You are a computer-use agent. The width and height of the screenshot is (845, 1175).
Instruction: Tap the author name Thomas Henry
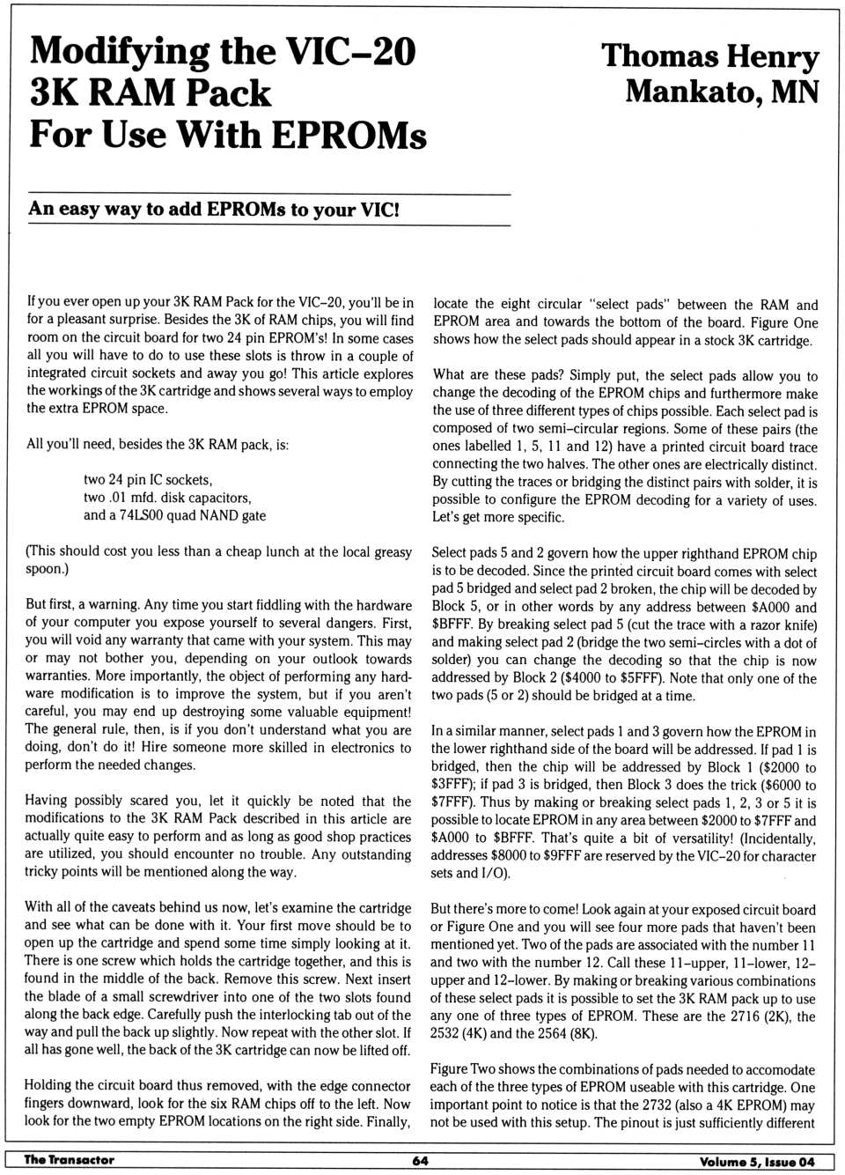tap(709, 56)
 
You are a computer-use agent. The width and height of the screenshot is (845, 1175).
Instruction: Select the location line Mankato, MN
tap(722, 92)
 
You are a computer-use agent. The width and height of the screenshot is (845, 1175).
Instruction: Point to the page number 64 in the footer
tap(421, 1160)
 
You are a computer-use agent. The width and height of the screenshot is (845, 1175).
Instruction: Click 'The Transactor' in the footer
tap(69, 1159)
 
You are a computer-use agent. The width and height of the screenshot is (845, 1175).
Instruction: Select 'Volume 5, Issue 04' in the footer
tap(757, 1161)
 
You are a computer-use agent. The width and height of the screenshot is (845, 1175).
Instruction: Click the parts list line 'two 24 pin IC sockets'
tap(148, 480)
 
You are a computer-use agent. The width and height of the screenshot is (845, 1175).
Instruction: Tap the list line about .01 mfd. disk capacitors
tap(167, 498)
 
